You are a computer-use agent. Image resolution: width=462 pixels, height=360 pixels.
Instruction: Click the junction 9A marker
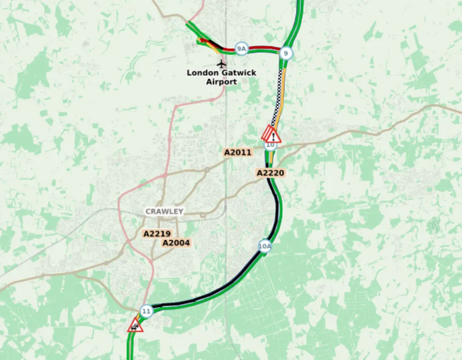click(241, 49)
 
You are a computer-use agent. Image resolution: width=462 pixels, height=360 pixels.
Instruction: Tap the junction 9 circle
click(285, 53)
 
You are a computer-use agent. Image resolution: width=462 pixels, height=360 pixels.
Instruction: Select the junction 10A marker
click(265, 246)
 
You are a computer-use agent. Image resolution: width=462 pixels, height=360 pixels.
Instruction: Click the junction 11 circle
click(147, 311)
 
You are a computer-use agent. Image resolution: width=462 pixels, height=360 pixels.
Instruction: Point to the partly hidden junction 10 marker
click(271, 145)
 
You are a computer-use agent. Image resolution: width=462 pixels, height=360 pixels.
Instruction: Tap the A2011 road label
click(238, 152)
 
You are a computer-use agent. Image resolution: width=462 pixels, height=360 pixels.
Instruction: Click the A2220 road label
click(271, 173)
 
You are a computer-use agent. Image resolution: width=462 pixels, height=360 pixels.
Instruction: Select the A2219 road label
click(157, 234)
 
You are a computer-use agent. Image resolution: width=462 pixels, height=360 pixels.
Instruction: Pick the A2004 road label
click(176, 243)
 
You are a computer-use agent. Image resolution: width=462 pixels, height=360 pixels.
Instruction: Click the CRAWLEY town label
click(164, 211)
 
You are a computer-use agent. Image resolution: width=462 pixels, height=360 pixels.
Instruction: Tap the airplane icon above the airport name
click(221, 63)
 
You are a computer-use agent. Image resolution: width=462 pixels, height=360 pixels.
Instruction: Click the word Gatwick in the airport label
click(239, 73)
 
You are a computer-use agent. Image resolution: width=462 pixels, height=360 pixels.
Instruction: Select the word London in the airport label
click(202, 73)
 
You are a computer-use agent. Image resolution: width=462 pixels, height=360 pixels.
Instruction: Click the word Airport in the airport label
click(221, 82)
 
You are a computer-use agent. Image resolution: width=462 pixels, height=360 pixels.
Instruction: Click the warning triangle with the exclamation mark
click(273, 136)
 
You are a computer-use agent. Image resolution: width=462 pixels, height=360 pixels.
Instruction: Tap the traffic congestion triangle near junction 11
click(135, 326)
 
